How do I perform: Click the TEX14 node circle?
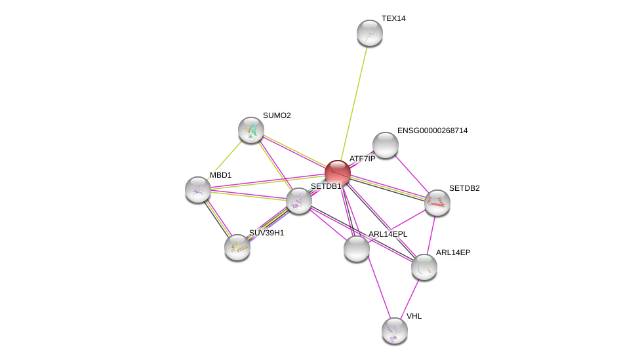[370, 33]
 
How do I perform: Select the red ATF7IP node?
[338, 173]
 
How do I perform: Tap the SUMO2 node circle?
[251, 130]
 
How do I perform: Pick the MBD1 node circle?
[198, 190]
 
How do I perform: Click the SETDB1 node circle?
[299, 201]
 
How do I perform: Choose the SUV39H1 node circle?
[237, 247]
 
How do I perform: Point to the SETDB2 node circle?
[437, 203]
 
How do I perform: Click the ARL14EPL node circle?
[357, 249]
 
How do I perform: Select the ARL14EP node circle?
[424, 267]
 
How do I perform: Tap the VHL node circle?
[395, 330]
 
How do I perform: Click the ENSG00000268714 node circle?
[386, 145]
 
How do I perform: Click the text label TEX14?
[393, 18]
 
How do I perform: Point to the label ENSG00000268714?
[432, 130]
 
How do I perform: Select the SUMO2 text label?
[277, 115]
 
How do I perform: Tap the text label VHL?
[414, 316]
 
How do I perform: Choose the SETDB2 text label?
[464, 188]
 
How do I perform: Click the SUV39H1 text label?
[266, 233]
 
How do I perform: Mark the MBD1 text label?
[220, 175]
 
